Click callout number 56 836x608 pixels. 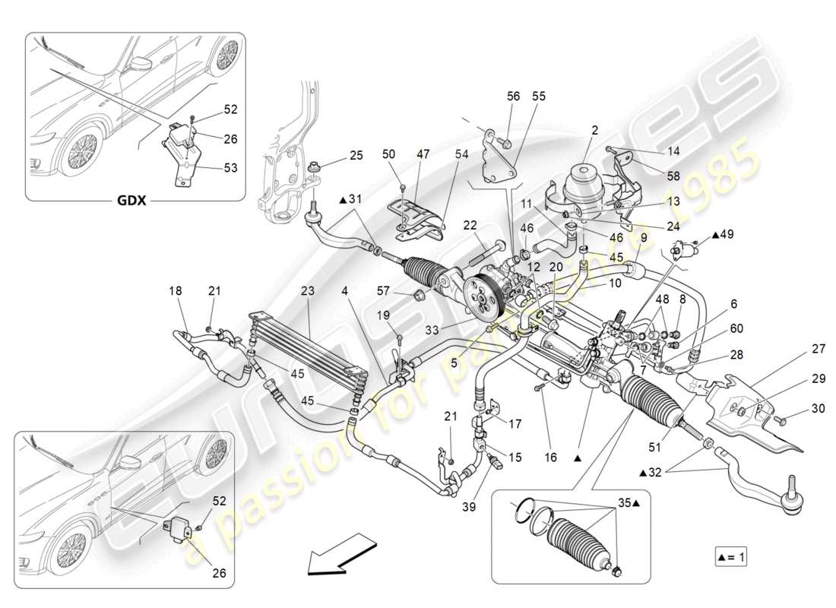click(x=514, y=96)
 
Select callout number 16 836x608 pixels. click(x=551, y=458)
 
